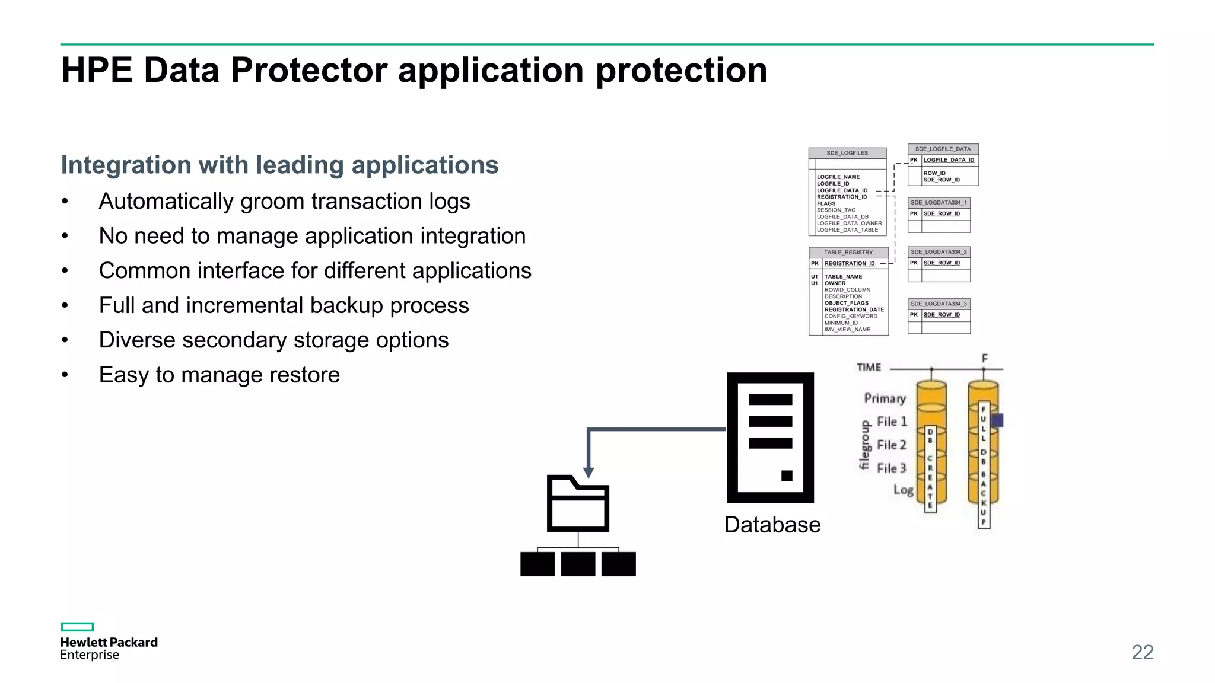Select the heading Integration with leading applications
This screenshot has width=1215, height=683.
(x=279, y=165)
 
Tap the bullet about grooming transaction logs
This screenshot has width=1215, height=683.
(x=284, y=202)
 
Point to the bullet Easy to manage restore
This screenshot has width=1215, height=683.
(x=219, y=375)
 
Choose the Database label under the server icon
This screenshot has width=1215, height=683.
(x=772, y=525)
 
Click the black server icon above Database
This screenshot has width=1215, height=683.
(x=770, y=438)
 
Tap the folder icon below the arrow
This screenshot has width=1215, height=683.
(x=578, y=504)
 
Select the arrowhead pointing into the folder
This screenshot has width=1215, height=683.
(x=589, y=473)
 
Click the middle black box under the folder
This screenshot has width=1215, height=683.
(x=578, y=564)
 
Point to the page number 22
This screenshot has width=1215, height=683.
(x=1142, y=652)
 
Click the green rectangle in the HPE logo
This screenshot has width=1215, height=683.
(x=77, y=627)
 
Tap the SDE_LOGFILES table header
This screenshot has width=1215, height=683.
(x=847, y=153)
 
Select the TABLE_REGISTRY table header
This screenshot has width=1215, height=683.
(x=848, y=253)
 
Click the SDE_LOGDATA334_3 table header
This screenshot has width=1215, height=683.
(x=939, y=304)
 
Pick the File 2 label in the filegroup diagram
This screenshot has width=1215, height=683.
(x=891, y=445)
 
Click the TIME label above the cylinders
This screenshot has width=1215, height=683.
(x=869, y=368)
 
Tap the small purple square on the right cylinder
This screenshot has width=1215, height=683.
(x=997, y=420)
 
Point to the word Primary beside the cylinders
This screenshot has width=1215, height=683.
(x=885, y=398)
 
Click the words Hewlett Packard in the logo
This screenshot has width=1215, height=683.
(x=109, y=642)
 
